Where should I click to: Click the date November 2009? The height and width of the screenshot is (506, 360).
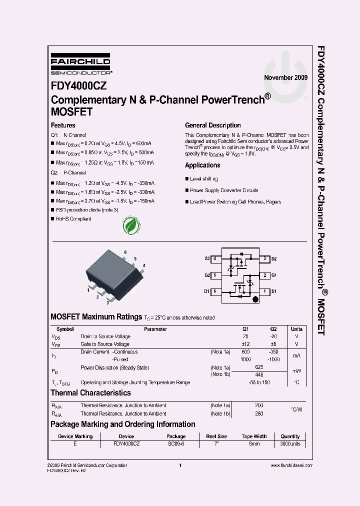tap(286, 77)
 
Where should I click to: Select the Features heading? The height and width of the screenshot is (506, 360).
tap(63, 125)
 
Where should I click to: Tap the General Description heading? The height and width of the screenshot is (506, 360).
tap(212, 125)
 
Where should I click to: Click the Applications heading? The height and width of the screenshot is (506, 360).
tap(202, 165)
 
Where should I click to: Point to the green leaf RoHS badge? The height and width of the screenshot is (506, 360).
tap(132, 225)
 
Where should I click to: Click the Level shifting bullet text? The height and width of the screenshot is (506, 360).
tap(203, 179)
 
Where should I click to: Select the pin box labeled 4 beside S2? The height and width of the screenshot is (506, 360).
tap(214, 259)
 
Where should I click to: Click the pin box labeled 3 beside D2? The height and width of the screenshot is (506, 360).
tap(264, 259)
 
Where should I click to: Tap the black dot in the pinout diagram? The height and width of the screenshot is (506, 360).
tap(255, 300)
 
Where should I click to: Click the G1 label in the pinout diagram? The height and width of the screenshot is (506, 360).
tap(274, 275)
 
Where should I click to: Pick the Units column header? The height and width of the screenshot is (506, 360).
tap(296, 329)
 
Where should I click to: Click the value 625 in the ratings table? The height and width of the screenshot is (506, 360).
tap(258, 367)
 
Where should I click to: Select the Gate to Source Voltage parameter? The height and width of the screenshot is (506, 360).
tap(105, 344)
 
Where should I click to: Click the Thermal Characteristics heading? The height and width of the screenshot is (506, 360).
tap(90, 393)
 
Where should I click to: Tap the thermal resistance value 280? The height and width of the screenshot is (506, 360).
tap(258, 414)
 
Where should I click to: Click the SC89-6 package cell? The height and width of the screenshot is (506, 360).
tap(176, 444)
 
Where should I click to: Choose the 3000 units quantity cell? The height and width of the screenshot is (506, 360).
tap(290, 444)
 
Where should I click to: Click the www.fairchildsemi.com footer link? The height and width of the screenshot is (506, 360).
tap(291, 465)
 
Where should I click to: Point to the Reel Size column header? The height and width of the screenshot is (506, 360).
tap(216, 436)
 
